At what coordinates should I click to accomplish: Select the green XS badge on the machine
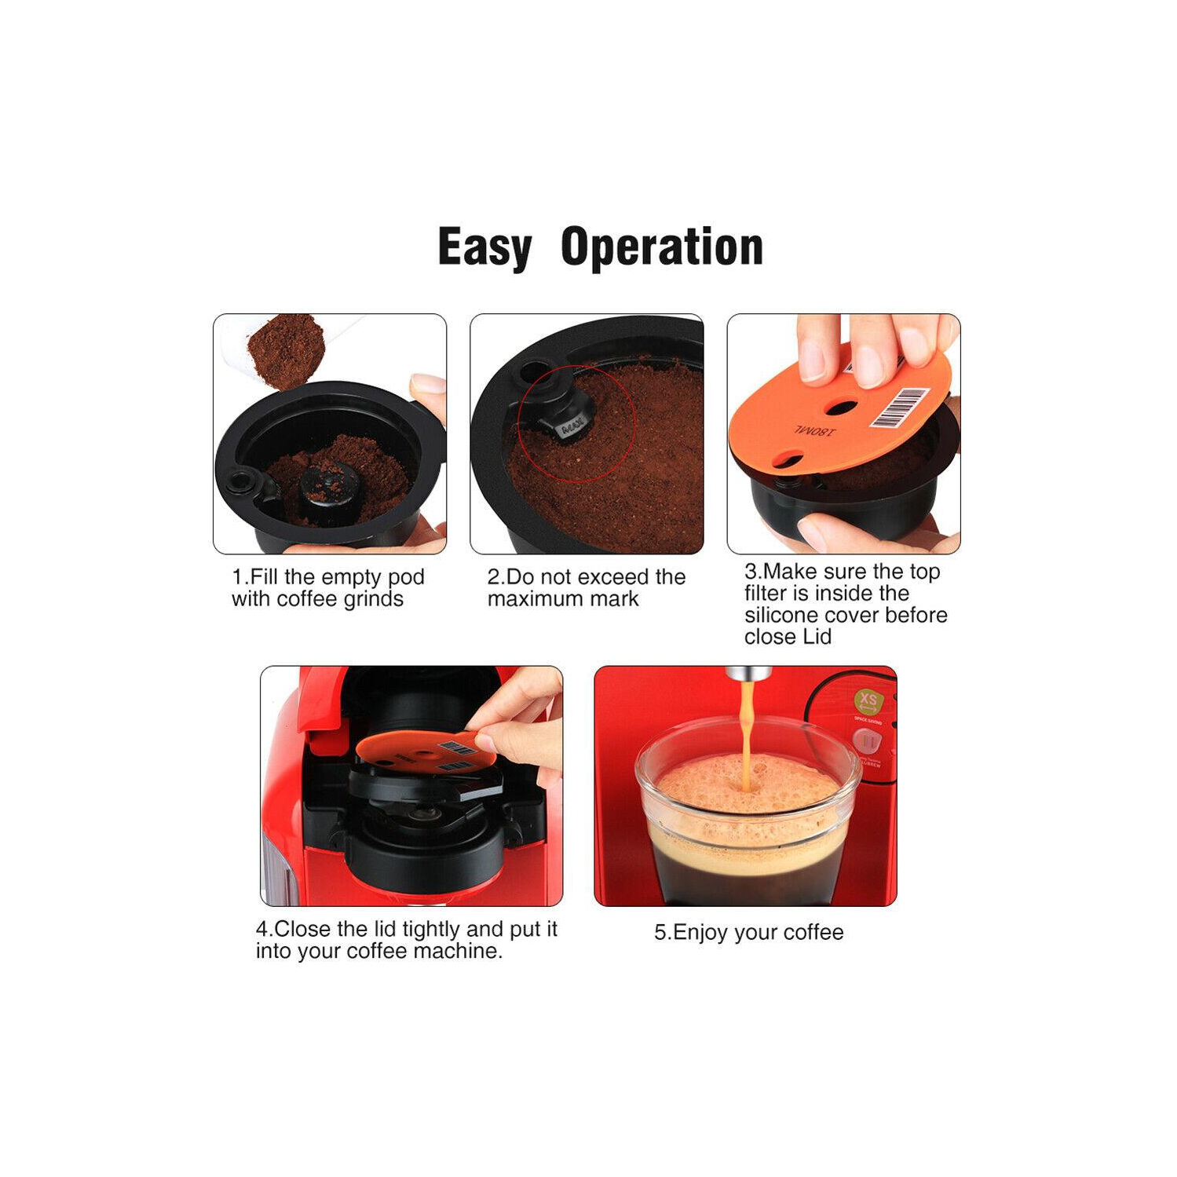868,700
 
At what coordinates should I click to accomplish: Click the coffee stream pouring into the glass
747,730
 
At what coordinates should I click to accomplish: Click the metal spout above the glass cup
748,673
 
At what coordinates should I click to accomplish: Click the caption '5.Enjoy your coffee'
748,932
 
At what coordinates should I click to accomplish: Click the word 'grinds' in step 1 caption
373,599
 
